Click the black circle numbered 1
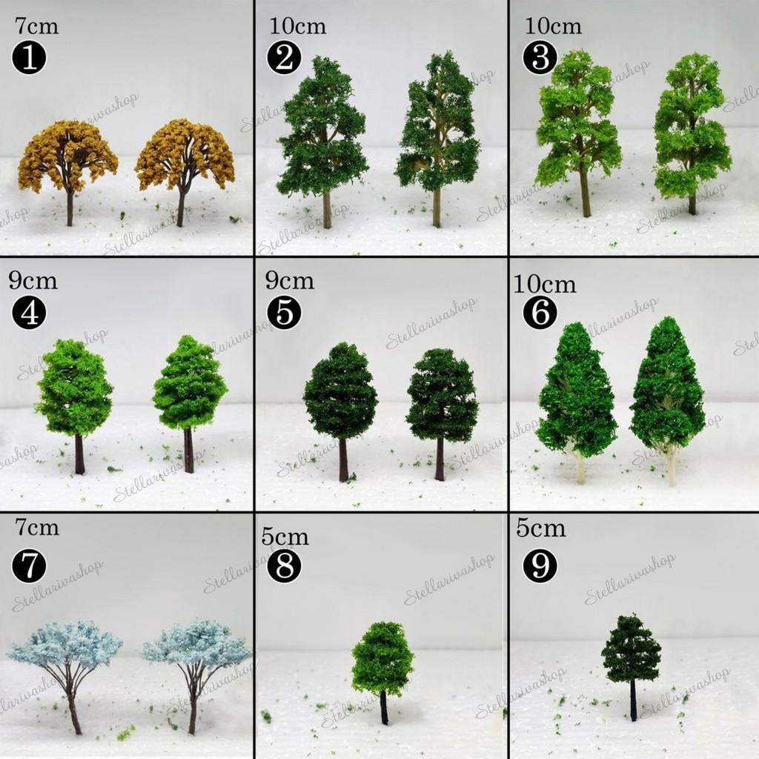[x=29, y=57]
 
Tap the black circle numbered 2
[x=284, y=57]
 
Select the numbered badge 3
[x=540, y=57]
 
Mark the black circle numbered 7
[x=29, y=566]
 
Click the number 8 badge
[x=284, y=566]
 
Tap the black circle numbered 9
[x=540, y=566]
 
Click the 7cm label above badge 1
[x=36, y=26]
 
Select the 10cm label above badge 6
[x=545, y=285]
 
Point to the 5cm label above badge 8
[x=285, y=537]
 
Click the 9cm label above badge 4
[x=33, y=281]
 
